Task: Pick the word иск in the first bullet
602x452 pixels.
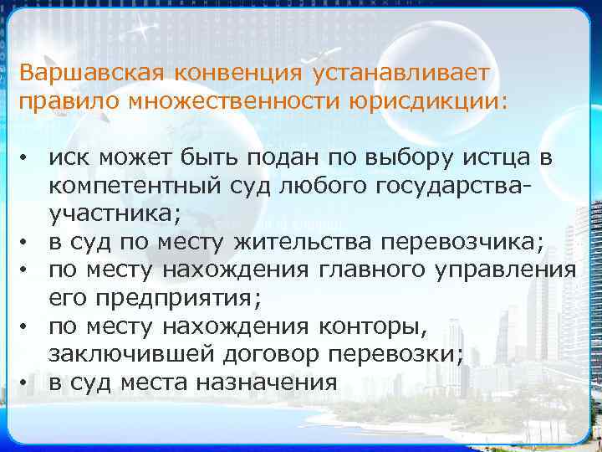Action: pos(67,157)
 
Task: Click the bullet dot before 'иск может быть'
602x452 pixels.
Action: pos(28,158)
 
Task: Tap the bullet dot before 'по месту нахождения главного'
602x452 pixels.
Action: pos(28,271)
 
